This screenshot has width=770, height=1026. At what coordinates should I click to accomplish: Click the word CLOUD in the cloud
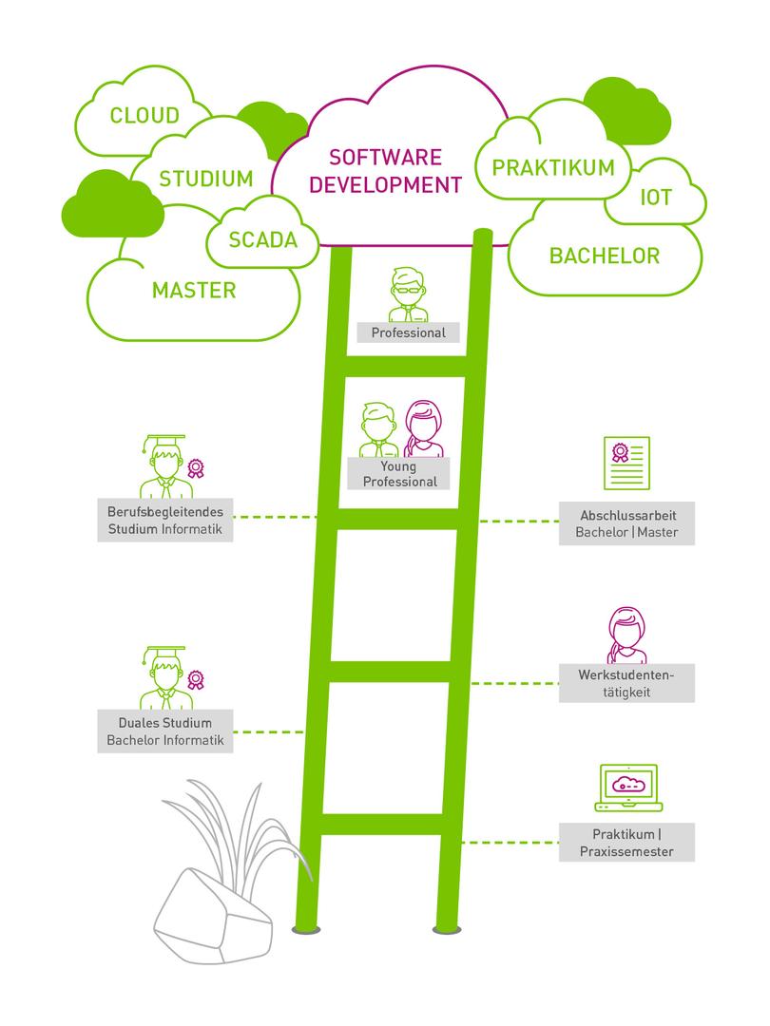[x=144, y=116]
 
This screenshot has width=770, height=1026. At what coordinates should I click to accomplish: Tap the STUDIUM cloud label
[x=206, y=179]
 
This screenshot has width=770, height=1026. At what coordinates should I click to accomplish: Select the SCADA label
[x=263, y=239]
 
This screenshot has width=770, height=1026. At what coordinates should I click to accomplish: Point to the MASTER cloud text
[x=194, y=290]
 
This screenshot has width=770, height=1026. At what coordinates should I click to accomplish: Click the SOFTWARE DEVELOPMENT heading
[x=385, y=170]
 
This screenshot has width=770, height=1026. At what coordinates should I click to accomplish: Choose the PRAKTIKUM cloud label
[x=553, y=168]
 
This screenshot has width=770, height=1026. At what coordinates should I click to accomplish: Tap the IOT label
[x=656, y=198]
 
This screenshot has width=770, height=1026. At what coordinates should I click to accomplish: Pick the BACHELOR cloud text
[x=605, y=256]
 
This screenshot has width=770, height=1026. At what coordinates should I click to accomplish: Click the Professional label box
[x=408, y=332]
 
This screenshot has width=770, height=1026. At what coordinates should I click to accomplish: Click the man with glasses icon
[x=408, y=295]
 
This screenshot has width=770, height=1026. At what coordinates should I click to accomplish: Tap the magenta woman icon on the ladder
[x=424, y=428]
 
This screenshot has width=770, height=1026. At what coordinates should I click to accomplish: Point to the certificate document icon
[x=626, y=463]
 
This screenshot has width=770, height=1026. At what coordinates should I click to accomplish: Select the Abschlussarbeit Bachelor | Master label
[x=626, y=523]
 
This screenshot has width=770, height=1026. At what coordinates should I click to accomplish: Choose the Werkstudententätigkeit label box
[x=626, y=683]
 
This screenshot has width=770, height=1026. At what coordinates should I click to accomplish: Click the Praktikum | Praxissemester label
[x=626, y=843]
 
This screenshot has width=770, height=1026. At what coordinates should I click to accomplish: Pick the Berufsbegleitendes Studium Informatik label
[x=165, y=521]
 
